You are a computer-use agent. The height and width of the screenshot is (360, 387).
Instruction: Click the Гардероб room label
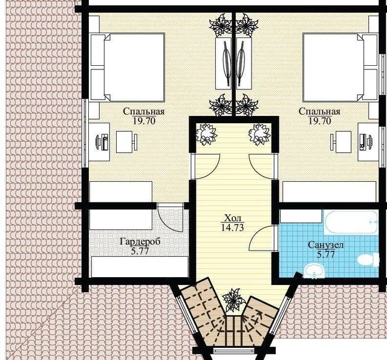(x=140, y=242)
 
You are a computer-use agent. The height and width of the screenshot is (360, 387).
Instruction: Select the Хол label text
(x=232, y=218)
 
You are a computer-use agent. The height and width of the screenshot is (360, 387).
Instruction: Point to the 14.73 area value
(x=232, y=228)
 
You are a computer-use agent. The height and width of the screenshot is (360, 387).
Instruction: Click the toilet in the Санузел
(x=368, y=260)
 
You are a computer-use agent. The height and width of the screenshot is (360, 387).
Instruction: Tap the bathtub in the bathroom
(x=352, y=222)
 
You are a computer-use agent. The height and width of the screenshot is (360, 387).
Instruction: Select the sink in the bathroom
(x=314, y=271)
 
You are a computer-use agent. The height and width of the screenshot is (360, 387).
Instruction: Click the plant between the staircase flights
(x=232, y=300)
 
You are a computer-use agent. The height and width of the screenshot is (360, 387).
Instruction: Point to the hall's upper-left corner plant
(x=206, y=134)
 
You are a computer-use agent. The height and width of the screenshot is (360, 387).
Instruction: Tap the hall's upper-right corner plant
(x=259, y=134)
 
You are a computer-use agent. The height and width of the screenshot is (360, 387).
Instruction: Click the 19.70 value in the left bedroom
(x=144, y=121)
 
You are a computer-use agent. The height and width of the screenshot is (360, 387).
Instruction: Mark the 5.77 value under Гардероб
(x=140, y=251)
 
